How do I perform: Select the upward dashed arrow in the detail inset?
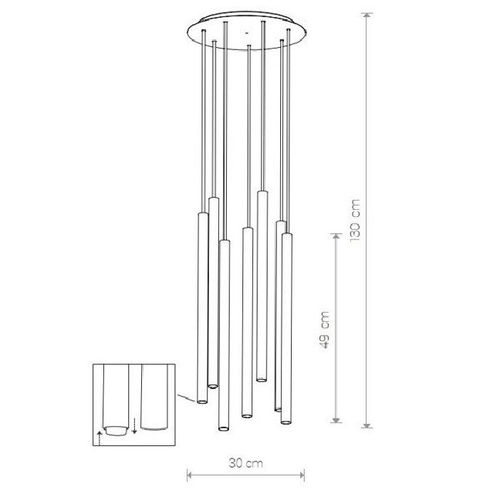pyautogui.click(x=100, y=438)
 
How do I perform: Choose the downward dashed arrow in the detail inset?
pyautogui.click(x=134, y=425)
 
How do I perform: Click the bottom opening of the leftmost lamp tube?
pyautogui.click(x=201, y=401)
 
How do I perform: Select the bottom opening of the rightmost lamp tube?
pyautogui.click(x=285, y=422)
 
